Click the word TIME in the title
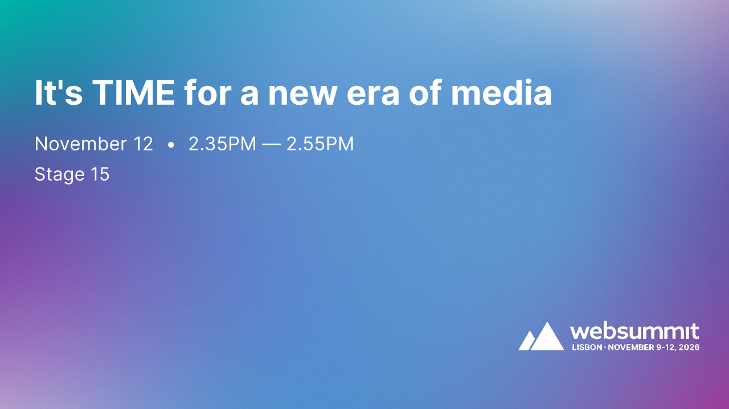(134, 93)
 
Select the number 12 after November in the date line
(143, 144)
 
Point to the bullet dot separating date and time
(171, 145)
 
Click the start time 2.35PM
(222, 144)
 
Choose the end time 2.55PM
(320, 144)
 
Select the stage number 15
(100, 174)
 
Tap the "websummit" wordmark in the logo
(634, 332)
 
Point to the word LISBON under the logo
(586, 347)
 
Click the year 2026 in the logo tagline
(689, 347)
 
